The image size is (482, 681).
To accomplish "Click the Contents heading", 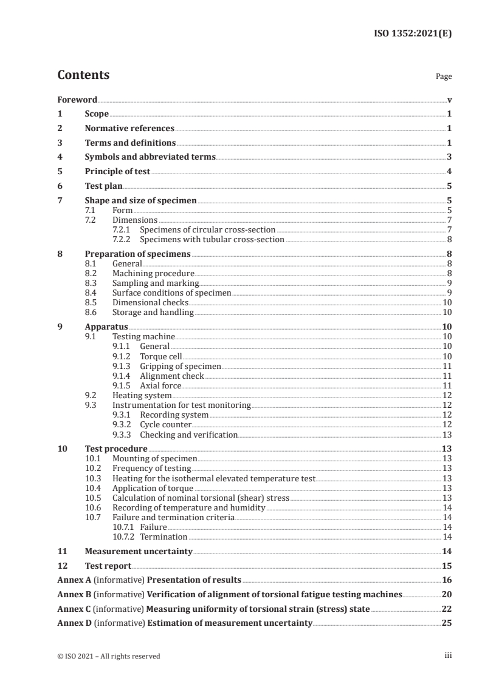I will click(83, 75).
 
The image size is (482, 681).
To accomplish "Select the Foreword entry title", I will click(77, 100).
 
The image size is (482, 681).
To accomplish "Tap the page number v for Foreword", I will click(449, 100).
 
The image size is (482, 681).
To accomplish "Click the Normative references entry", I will click(129, 128).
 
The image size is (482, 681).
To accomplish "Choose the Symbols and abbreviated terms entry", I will click(150, 157).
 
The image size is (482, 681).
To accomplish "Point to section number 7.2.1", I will click(122, 229).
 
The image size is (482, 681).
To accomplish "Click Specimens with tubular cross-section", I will click(212, 239).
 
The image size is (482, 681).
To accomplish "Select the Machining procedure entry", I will click(153, 274).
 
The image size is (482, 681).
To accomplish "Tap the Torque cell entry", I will click(160, 356).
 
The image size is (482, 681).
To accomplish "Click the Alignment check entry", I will click(172, 376).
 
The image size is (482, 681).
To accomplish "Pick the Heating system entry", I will click(142, 395).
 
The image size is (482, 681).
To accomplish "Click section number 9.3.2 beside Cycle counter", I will click(122, 425).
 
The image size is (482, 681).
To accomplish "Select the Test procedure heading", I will click(115, 449).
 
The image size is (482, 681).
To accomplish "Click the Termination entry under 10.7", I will click(164, 537).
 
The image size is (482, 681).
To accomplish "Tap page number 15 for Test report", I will click(447, 566).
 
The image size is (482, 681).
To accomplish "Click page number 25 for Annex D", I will click(447, 623).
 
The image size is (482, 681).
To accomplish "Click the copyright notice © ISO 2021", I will click(109, 656).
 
